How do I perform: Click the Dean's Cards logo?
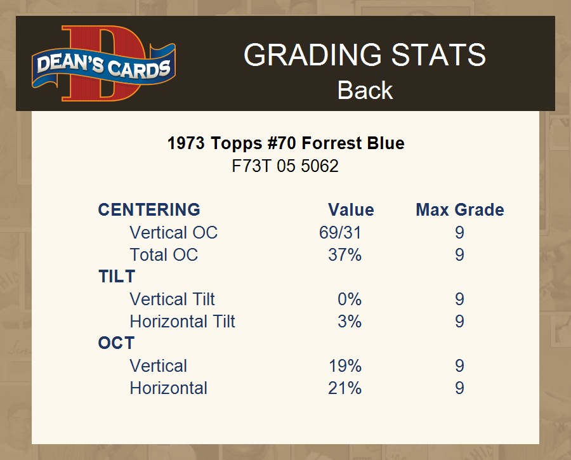click(x=104, y=63)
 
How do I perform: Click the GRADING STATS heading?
click(x=365, y=55)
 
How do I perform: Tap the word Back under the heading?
click(x=365, y=90)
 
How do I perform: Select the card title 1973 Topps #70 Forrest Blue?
click(x=286, y=143)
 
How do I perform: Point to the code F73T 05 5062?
click(x=285, y=166)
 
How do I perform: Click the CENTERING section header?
click(x=149, y=210)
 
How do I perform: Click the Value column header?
click(x=351, y=210)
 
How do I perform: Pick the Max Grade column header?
click(x=460, y=210)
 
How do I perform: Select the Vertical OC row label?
click(x=173, y=232)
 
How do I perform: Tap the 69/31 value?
click(x=340, y=232)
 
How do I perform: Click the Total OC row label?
click(x=164, y=254)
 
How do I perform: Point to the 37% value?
click(x=345, y=254)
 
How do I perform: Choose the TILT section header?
click(x=117, y=277)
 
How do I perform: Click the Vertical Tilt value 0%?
click(x=350, y=299)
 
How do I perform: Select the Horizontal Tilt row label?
click(x=183, y=321)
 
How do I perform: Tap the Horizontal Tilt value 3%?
click(x=350, y=321)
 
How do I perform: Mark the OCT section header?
click(x=116, y=343)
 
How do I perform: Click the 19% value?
click(x=345, y=365)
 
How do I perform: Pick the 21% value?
click(x=345, y=388)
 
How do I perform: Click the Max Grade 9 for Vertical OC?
click(x=459, y=232)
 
